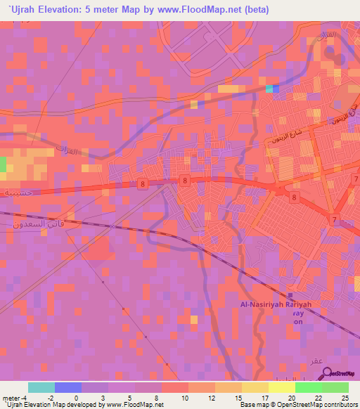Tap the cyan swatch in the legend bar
coord(41,387)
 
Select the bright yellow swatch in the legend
coord(281,387)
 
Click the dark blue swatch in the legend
coord(68,387)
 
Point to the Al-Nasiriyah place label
coord(262,304)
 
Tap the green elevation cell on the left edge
coord(3,164)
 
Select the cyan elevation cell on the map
coord(269,89)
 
